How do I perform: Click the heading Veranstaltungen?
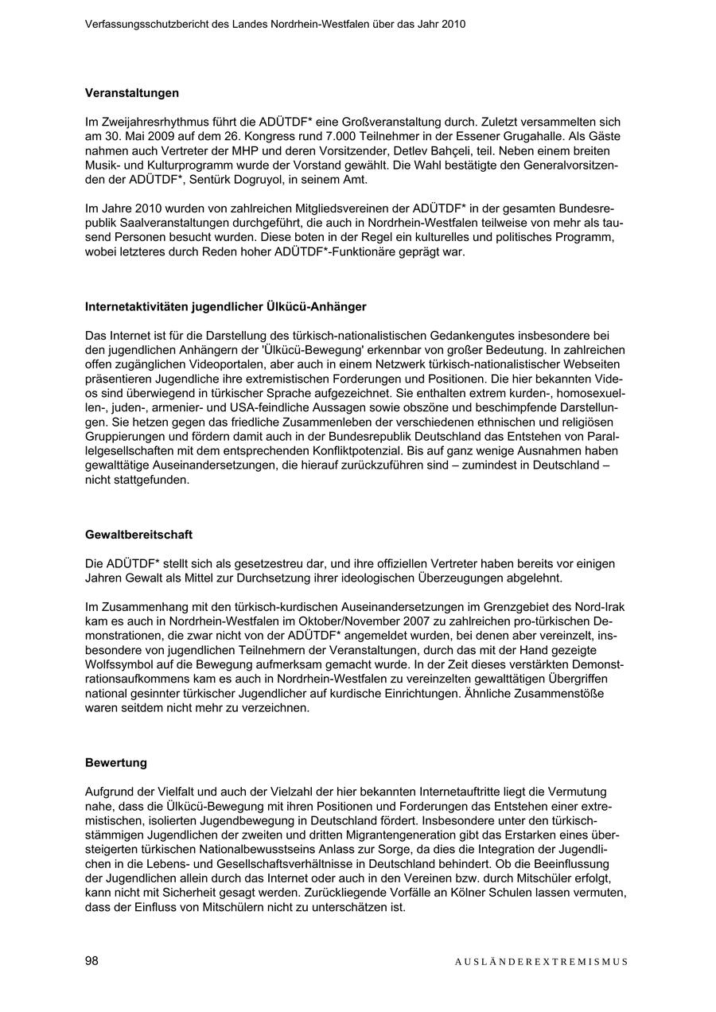(x=132, y=93)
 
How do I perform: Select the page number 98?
(x=91, y=961)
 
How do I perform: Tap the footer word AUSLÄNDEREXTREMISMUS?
(x=541, y=962)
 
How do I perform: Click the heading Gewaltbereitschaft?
(x=138, y=535)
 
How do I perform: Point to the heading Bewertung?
(x=116, y=763)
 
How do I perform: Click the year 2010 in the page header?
(x=453, y=25)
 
